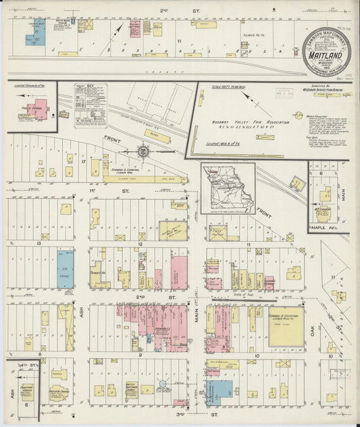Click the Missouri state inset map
(x=228, y=186)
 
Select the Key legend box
(x=90, y=105)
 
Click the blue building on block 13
(x=65, y=269)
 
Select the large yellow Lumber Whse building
(x=286, y=328)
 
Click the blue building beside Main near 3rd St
(x=219, y=391)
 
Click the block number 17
(x=82, y=162)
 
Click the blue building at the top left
(x=36, y=32)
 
